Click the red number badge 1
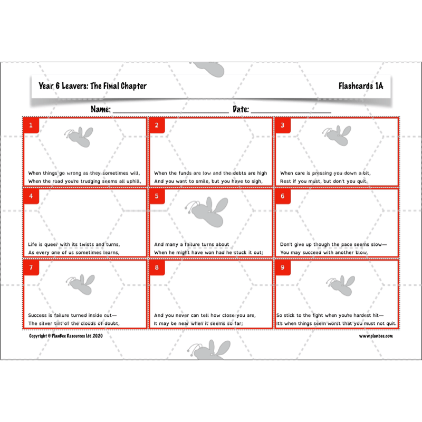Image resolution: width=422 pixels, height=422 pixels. pyautogui.click(x=31, y=126)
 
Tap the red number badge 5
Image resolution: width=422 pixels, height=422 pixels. pyautogui.click(x=157, y=196)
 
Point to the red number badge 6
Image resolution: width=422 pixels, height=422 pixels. pyautogui.click(x=283, y=196)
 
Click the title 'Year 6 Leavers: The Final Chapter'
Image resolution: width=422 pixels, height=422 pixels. pyautogui.click(x=92, y=86)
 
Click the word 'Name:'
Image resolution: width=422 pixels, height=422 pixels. pyautogui.click(x=100, y=109)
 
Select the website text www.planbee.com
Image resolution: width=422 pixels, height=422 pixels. pyautogui.click(x=376, y=335)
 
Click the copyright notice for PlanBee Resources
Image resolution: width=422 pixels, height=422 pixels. pyautogui.click(x=65, y=335)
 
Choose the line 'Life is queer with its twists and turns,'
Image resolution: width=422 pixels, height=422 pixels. pyautogui.click(x=74, y=244)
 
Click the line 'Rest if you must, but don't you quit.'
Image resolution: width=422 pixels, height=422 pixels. pyautogui.click(x=323, y=181)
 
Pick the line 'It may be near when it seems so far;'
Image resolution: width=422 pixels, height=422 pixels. pyautogui.click(x=198, y=323)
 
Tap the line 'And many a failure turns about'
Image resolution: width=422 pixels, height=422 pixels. pyautogui.click(x=191, y=244)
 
